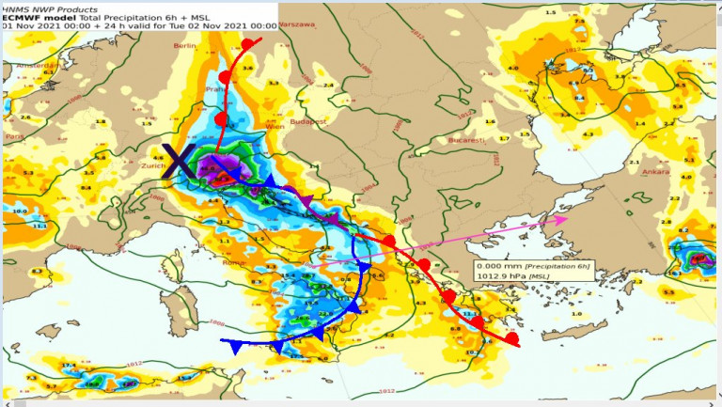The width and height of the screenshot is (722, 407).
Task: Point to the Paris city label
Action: pyautogui.click(x=14, y=136)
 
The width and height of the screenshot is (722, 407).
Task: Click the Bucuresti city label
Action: pyautogui.click(x=466, y=139)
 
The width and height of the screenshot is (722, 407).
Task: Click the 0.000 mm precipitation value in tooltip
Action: pyautogui.click(x=496, y=267)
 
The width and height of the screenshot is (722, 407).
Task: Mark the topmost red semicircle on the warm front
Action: pyautogui.click(x=247, y=44)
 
